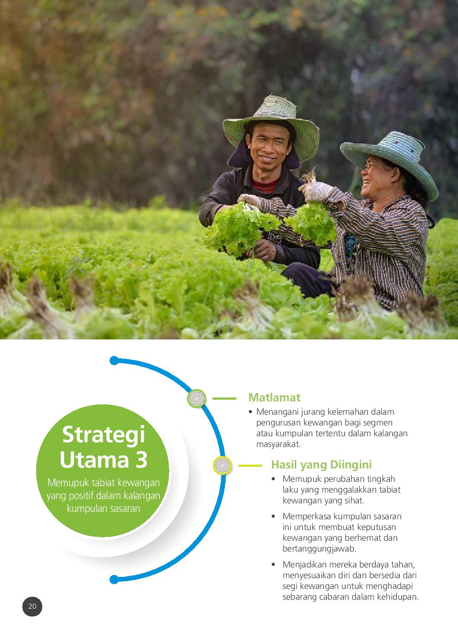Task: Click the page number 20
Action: pyautogui.click(x=32, y=606)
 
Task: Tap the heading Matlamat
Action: pyautogui.click(x=274, y=398)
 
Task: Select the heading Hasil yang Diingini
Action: pyautogui.click(x=321, y=465)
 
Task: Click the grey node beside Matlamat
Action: pyautogui.click(x=196, y=398)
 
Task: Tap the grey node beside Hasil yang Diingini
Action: pyautogui.click(x=222, y=465)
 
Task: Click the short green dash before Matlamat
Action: pyautogui.click(x=224, y=398)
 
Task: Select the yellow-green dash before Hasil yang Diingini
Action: pyautogui.click(x=250, y=466)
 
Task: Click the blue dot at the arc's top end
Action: pyautogui.click(x=114, y=361)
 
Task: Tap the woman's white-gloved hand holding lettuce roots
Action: pyautogui.click(x=315, y=191)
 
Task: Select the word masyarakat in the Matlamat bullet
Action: pyautogui.click(x=278, y=444)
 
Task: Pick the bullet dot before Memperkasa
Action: pyautogui.click(x=273, y=516)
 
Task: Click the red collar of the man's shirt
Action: pyautogui.click(x=265, y=186)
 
